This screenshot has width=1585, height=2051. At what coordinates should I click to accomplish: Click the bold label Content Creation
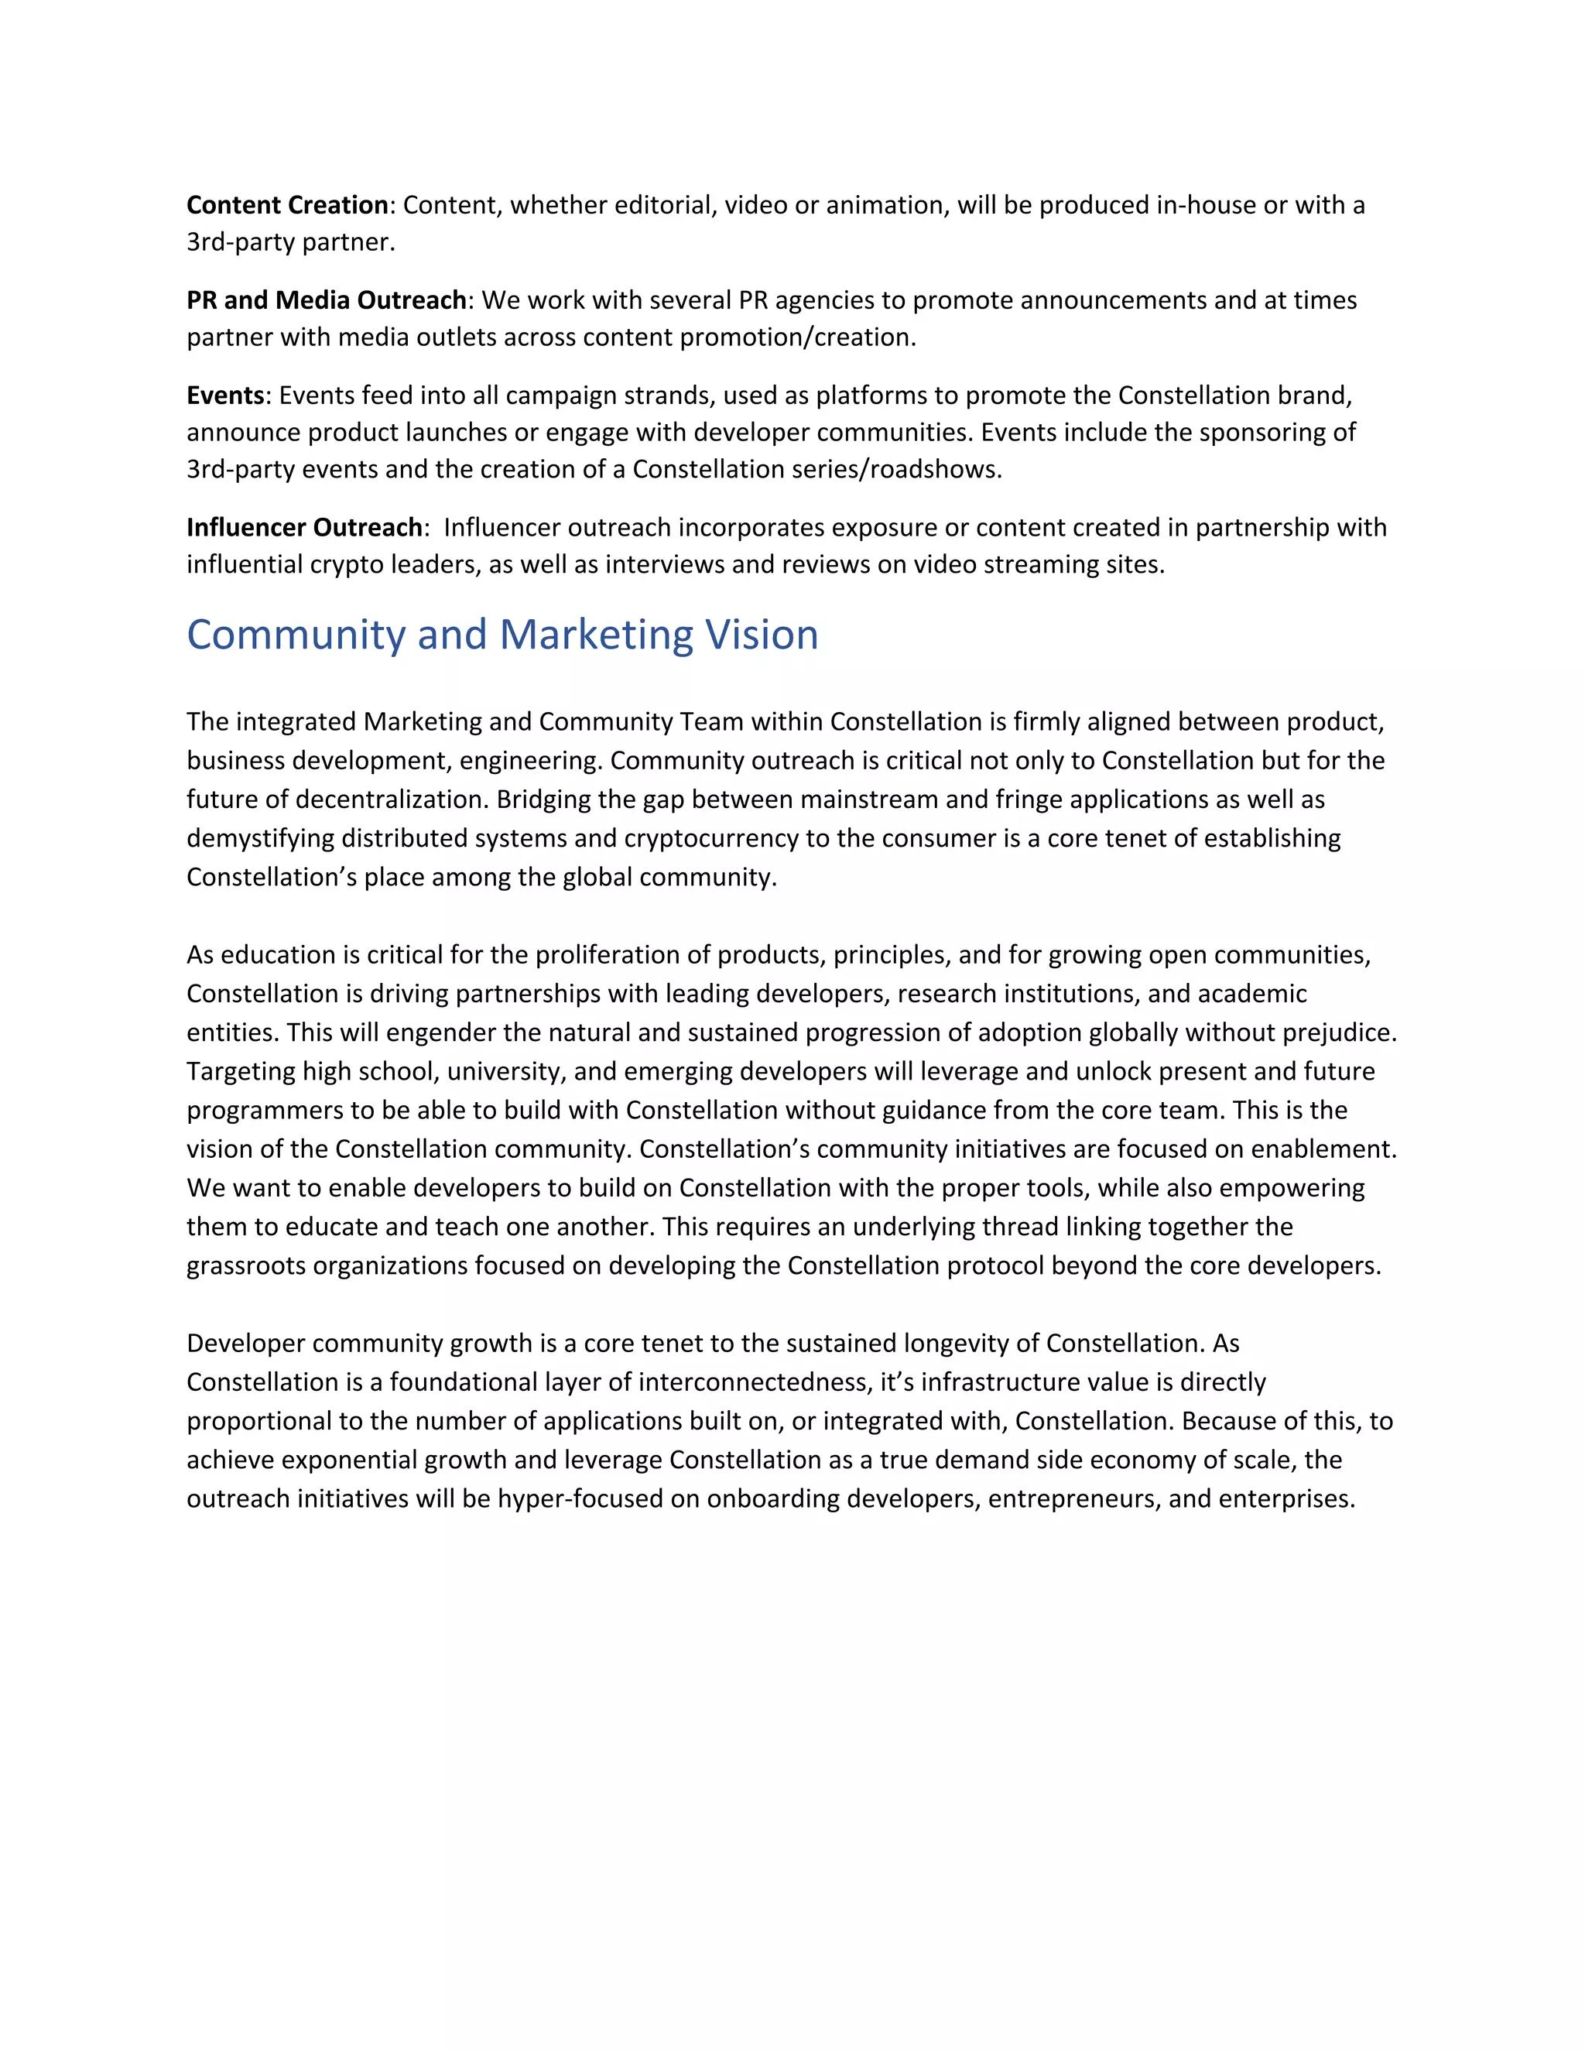(287, 205)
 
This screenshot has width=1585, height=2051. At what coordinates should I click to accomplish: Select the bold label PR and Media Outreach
(326, 300)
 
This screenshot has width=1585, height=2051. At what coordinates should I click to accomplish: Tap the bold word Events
(225, 395)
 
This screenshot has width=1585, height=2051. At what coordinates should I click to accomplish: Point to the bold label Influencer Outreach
(304, 527)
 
